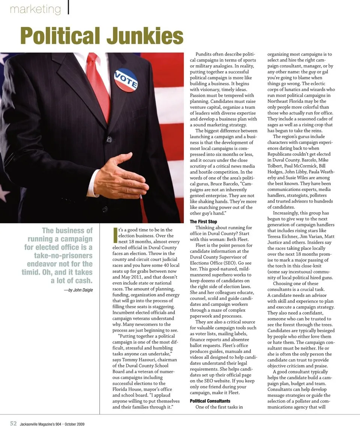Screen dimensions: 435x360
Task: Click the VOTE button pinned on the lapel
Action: pyautogui.click(x=126, y=80)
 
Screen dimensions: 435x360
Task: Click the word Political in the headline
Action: pyautogui.click(x=60, y=36)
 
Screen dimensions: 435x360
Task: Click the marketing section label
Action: pyautogui.click(x=35, y=9)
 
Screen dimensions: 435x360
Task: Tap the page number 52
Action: pyautogui.click(x=13, y=423)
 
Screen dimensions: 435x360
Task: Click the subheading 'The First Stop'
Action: pyautogui.click(x=203, y=222)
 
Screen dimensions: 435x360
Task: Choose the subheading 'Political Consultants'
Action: pyautogui.click(x=210, y=401)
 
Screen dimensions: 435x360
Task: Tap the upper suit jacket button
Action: pyautogui.click(x=109, y=139)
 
